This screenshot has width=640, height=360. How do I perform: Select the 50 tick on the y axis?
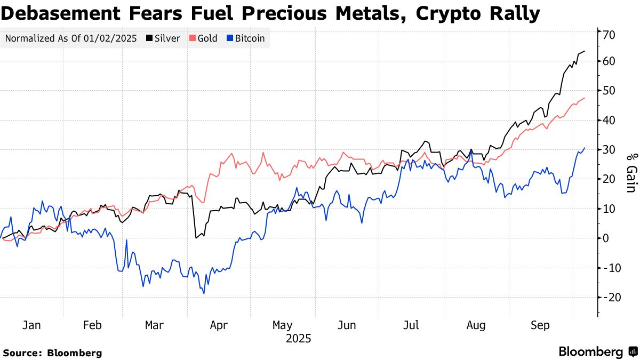(x=610, y=91)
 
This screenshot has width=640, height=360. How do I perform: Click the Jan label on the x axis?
(x=31, y=325)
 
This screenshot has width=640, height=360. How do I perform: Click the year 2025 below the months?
(x=298, y=339)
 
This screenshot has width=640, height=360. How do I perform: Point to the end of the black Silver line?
(x=585, y=51)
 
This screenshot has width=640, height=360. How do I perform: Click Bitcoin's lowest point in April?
(x=204, y=293)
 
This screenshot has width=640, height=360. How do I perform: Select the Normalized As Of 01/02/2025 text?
(x=71, y=38)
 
